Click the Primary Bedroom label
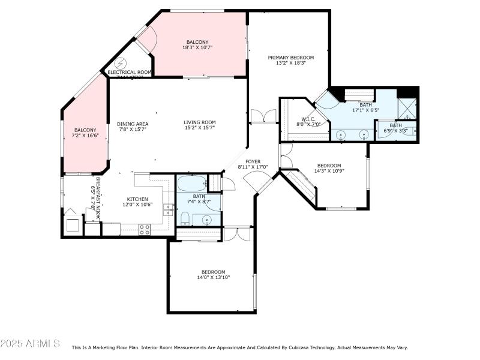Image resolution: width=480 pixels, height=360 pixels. point(290,58)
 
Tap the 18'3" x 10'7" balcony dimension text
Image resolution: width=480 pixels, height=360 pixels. point(197,47)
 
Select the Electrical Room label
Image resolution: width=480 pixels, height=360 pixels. point(129,72)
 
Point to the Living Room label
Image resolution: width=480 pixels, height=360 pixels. point(199,122)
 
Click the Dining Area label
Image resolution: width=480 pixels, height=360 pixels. point(133,124)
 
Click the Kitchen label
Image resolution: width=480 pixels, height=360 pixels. point(137,199)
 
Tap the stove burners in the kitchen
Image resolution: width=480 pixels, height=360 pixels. point(145,229)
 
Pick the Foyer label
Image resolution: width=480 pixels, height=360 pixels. point(253,161)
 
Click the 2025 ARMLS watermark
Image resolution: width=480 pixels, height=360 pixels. point(30,344)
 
